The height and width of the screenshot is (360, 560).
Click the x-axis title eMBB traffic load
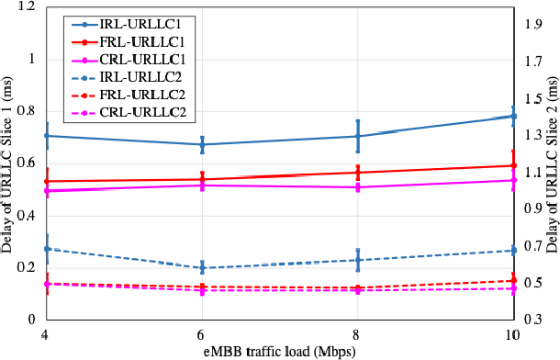[278, 351]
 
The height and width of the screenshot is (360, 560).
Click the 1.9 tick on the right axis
[533, 26]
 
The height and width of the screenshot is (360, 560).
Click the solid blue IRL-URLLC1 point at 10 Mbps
[512, 117]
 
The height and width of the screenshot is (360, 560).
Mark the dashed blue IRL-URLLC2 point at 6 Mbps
[201, 268]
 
